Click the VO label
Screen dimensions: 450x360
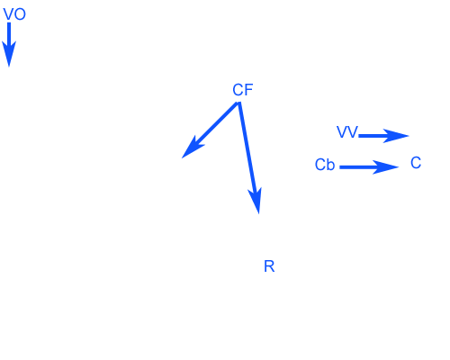[14, 14]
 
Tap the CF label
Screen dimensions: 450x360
[243, 90]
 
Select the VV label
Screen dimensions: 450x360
[347, 132]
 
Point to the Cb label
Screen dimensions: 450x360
[325, 165]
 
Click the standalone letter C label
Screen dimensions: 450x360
[416, 163]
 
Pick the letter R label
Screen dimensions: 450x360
[269, 266]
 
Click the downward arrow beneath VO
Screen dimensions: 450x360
[9, 45]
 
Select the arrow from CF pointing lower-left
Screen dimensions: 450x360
[211, 130]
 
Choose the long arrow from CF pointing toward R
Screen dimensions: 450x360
[248, 157]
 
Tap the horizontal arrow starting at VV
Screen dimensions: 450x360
[383, 136]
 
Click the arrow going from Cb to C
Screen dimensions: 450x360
[369, 167]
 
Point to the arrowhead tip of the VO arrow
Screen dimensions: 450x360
[9, 67]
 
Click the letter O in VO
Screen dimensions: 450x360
[20, 14]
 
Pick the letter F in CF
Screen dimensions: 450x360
[249, 90]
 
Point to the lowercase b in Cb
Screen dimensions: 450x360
[330, 165]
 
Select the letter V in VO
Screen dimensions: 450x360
[9, 14]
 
